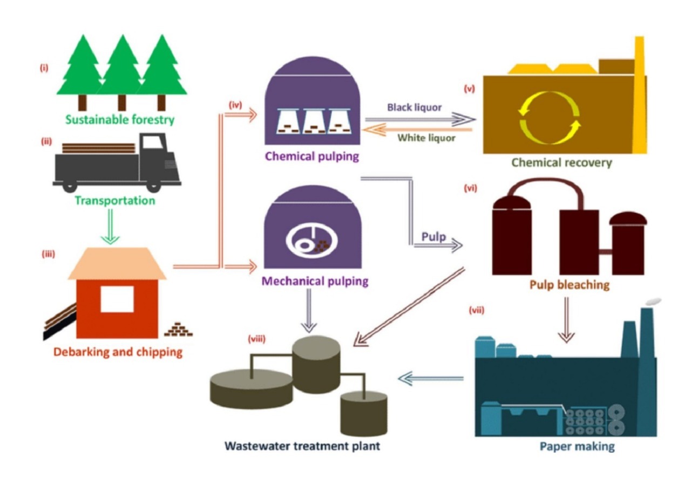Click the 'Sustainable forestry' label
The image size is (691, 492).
click(120, 119)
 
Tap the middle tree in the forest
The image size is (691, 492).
click(121, 70)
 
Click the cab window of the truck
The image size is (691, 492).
click(153, 142)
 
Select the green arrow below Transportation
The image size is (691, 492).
click(110, 227)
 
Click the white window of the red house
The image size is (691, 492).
click(117, 298)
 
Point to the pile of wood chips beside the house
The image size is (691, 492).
click(178, 329)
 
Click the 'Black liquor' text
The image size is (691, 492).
click(414, 107)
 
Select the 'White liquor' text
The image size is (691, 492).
click(426, 138)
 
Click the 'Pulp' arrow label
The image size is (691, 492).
click(433, 236)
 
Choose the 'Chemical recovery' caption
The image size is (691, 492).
click(561, 162)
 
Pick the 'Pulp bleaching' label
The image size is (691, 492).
click(569, 284)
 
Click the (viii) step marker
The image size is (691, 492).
click(256, 340)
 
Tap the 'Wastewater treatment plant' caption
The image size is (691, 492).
click(302, 446)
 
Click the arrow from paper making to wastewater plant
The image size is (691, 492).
click(430, 379)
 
